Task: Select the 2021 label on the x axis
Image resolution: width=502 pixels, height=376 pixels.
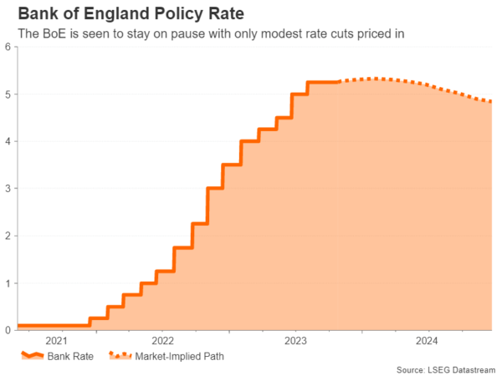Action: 56,340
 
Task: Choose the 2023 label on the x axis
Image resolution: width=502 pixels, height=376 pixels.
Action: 295,340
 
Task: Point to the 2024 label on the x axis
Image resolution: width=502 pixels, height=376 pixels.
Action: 427,340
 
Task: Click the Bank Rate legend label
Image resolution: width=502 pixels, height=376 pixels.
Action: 70,356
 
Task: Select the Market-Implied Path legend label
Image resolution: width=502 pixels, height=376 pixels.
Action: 182,356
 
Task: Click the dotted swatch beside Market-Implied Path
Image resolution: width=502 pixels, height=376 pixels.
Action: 120,356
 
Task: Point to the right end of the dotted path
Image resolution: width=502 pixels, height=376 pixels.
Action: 490,102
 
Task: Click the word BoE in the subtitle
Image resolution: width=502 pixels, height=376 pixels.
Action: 55,33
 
